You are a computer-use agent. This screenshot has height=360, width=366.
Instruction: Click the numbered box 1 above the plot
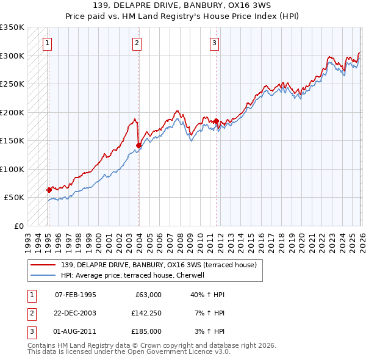point(48,43)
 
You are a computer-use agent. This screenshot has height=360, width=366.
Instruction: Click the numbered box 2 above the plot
point(137,43)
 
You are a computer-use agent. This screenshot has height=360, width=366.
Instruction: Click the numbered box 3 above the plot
point(215,43)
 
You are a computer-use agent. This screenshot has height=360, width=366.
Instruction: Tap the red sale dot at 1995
point(49,190)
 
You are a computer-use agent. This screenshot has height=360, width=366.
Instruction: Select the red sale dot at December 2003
point(138,145)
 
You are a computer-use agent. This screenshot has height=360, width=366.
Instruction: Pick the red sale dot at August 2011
point(216,121)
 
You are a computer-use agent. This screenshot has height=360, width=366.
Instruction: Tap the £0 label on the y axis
point(18,226)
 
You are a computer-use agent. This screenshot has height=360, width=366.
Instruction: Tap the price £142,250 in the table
point(146,312)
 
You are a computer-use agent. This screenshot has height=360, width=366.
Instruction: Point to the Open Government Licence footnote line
point(129,353)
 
